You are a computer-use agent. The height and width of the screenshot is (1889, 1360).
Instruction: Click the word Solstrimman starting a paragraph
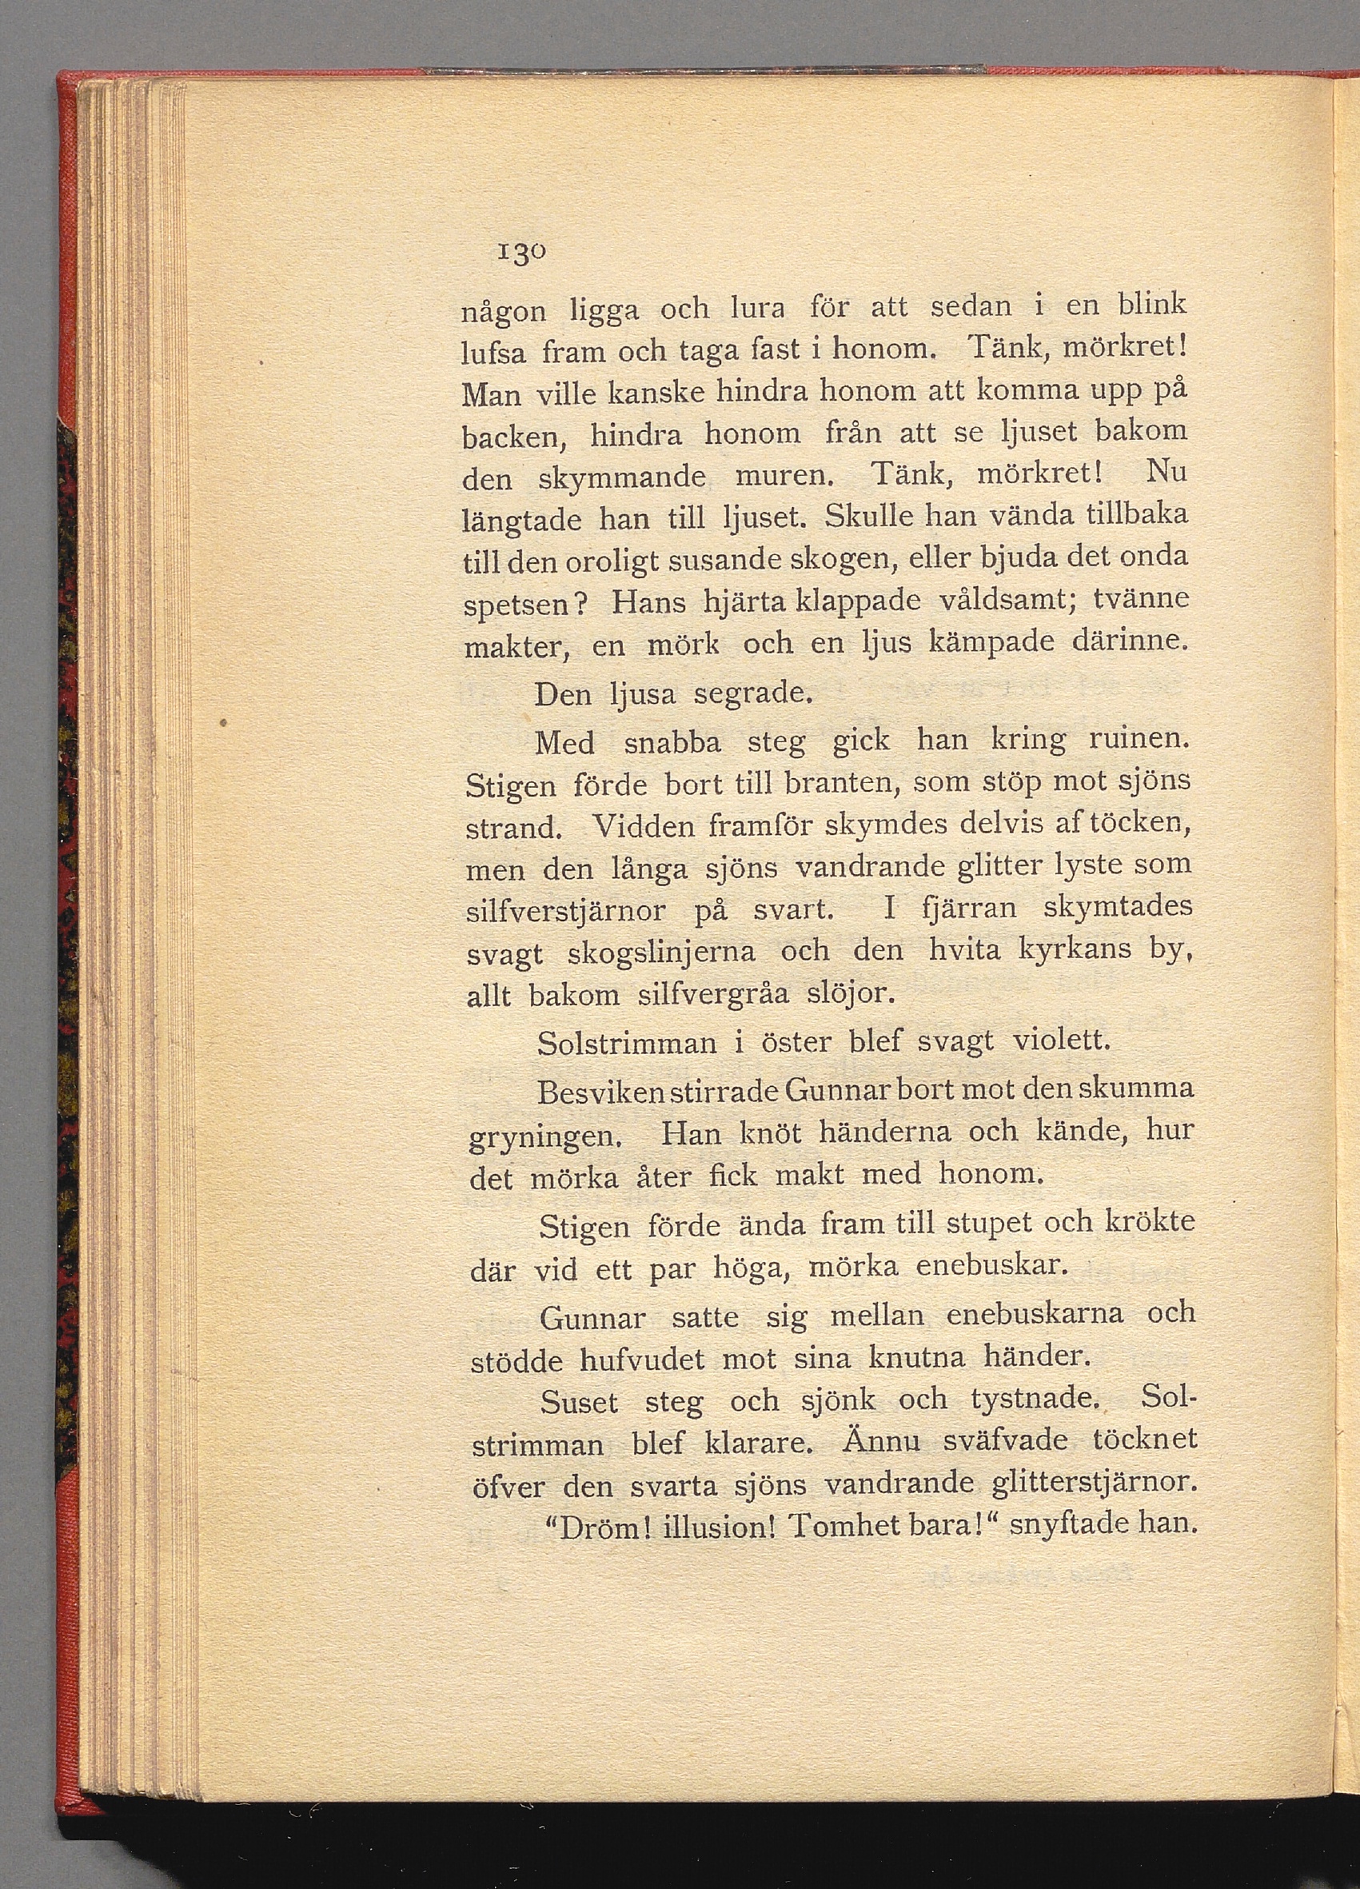(x=627, y=1042)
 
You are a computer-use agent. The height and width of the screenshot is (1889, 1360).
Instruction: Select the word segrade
(x=753, y=693)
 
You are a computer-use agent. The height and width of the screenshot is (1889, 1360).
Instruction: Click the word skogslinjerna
(x=661, y=952)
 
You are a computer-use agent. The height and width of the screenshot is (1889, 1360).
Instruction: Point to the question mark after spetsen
(x=582, y=603)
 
